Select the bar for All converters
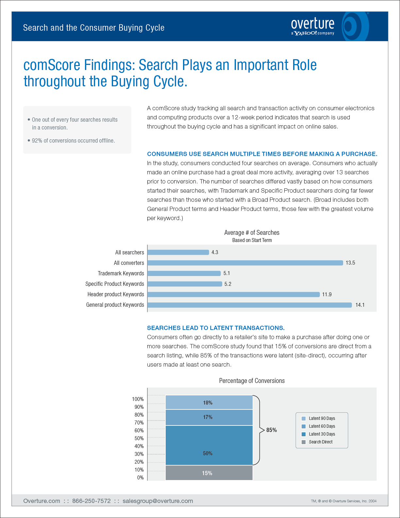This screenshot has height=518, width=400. pos(245,263)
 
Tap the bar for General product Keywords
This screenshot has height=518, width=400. pos(250,305)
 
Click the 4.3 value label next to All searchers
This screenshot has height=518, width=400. pos(215,252)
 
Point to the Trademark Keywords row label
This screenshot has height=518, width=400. pos(121,273)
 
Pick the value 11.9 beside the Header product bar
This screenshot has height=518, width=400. pos(327,294)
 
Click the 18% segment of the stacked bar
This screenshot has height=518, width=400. pos(209,403)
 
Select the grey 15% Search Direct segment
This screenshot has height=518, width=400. pos(209,473)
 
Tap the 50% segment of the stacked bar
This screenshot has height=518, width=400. pos(209,445)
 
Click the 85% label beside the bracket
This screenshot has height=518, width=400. pos(272,430)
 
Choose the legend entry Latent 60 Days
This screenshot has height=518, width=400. pos(322,426)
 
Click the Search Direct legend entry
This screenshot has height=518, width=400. pos(320,442)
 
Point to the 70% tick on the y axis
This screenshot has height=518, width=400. pos(139,423)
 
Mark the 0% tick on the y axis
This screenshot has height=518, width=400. pos(141,477)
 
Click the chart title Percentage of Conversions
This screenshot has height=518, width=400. pos(252,381)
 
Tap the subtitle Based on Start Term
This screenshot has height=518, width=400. pos(252,240)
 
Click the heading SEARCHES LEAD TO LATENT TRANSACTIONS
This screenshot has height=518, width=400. pos(216,328)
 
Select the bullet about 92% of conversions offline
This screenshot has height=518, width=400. pos(73,141)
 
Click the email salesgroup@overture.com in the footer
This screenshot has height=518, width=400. pos(158,501)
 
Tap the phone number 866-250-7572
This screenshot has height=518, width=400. pos(92,501)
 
